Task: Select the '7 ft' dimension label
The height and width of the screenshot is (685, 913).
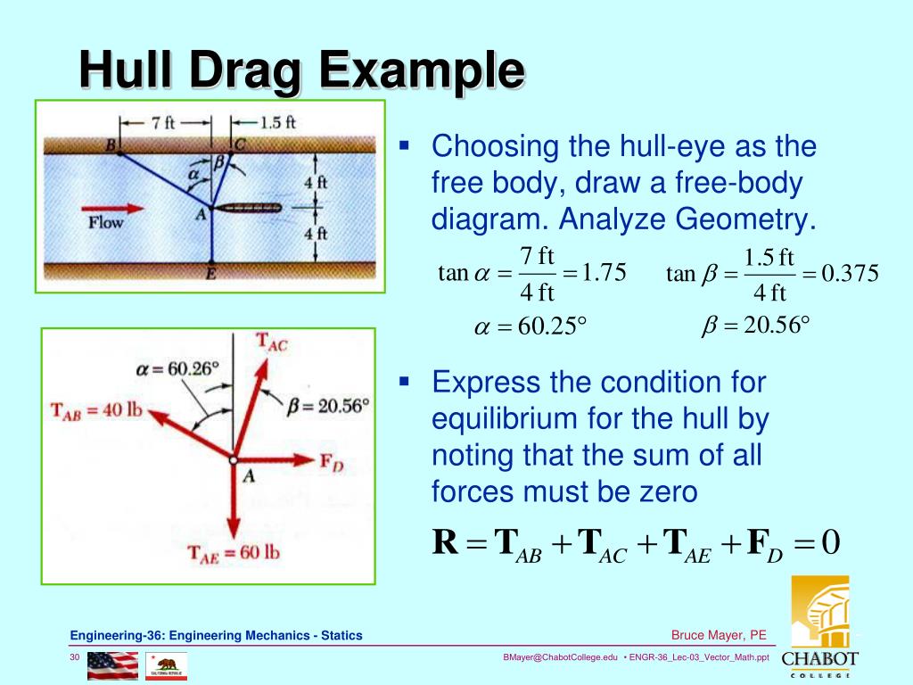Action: (x=164, y=123)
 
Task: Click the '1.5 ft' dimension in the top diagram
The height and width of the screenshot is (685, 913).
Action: (x=277, y=123)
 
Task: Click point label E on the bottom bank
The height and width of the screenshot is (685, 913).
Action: (x=211, y=275)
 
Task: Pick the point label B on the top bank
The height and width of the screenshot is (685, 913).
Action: (x=111, y=144)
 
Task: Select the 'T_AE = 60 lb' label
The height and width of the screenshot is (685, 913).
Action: (x=234, y=553)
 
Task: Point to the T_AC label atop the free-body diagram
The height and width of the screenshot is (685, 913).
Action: (x=272, y=342)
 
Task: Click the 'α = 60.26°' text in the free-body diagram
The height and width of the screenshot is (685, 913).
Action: (x=177, y=367)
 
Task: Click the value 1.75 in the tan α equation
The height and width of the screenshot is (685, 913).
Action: (x=604, y=271)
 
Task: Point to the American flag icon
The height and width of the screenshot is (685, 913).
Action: (x=112, y=664)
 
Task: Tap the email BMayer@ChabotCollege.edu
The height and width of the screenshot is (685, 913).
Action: (x=560, y=657)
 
